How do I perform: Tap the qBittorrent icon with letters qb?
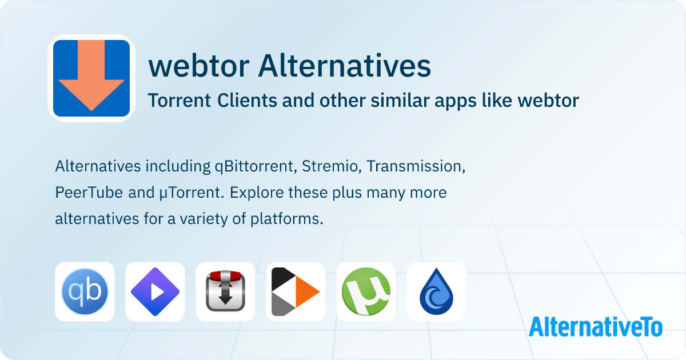(85, 291)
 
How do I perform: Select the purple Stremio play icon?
(155, 291)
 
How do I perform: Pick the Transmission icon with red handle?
(225, 291)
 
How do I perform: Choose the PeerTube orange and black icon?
(296, 291)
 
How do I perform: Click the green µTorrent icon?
(366, 291)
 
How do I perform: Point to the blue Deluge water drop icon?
(436, 291)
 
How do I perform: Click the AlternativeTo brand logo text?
(596, 326)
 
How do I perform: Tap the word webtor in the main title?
(198, 67)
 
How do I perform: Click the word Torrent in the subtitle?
(179, 101)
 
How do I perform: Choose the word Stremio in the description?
(331, 167)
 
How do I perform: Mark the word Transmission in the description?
(415, 167)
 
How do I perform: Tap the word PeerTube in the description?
(89, 193)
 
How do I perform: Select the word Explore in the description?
(256, 193)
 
